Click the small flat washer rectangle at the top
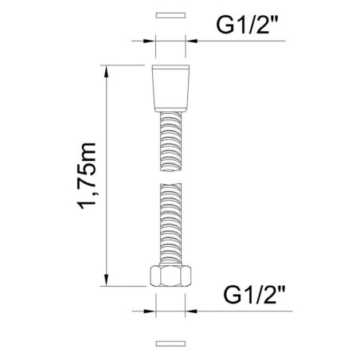(168, 15)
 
